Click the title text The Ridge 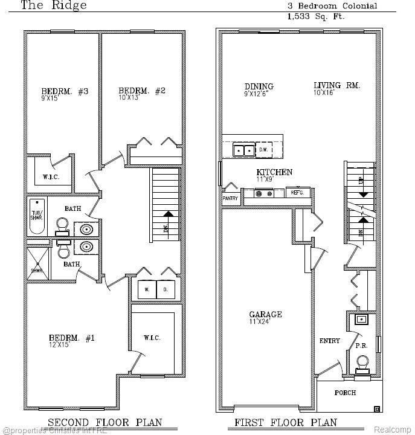[x=54, y=6]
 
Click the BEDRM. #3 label [x=56, y=91]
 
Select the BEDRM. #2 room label [x=141, y=91]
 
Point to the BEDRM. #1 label [x=71, y=338]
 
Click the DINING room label [x=259, y=86]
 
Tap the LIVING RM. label [x=336, y=86]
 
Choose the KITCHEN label [x=274, y=173]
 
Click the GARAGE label [x=266, y=315]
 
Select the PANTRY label [x=231, y=198]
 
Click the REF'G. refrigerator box [x=297, y=193]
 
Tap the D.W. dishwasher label [x=263, y=149]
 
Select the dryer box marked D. [x=166, y=289]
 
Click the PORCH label [x=346, y=393]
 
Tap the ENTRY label [x=329, y=341]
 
